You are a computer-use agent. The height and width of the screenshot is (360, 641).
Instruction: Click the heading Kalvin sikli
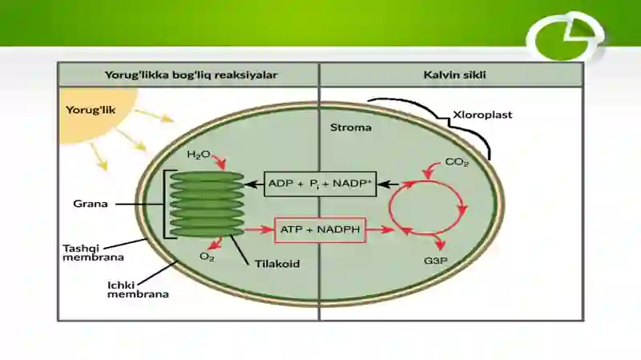click(x=454, y=75)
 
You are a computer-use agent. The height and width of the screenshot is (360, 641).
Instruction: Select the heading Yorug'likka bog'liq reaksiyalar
click(x=191, y=75)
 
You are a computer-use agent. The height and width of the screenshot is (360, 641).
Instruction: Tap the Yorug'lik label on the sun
click(x=91, y=110)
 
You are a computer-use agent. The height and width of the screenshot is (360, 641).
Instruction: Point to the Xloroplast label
click(x=482, y=115)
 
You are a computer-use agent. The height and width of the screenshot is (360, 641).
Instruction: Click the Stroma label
click(x=351, y=127)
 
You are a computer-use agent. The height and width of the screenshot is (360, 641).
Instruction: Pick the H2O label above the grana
click(x=198, y=155)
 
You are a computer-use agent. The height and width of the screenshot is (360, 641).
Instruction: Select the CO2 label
click(x=457, y=163)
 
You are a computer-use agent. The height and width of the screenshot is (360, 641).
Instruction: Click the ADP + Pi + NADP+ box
click(x=320, y=184)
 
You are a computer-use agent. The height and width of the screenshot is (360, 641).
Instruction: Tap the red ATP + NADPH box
click(x=320, y=230)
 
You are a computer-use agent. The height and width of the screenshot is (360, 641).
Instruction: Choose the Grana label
click(x=91, y=204)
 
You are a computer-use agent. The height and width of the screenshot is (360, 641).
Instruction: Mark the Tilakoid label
click(x=277, y=264)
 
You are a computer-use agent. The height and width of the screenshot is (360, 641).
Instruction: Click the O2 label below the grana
click(x=207, y=257)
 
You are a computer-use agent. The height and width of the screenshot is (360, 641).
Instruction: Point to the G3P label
click(x=435, y=261)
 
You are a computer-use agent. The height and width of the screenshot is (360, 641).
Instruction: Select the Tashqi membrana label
click(x=93, y=253)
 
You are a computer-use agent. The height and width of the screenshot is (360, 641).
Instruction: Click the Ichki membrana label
click(x=138, y=289)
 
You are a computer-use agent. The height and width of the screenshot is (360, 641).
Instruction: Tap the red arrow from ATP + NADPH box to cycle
click(x=380, y=229)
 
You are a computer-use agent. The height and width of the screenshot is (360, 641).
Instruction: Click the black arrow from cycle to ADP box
click(x=388, y=184)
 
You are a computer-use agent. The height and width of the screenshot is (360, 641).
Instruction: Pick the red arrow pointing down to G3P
click(x=438, y=241)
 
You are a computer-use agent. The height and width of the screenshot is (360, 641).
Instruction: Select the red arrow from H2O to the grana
click(x=220, y=161)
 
